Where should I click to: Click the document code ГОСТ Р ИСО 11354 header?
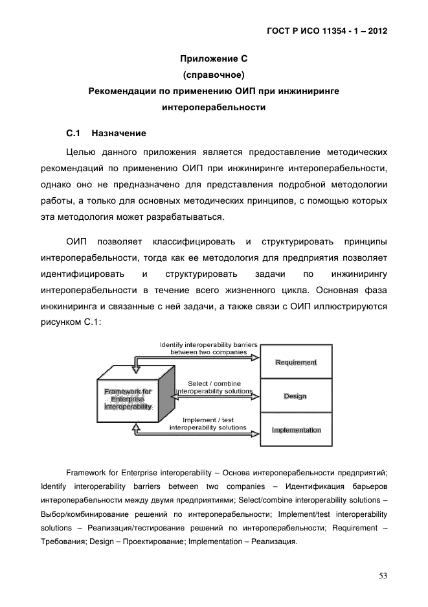click(x=327, y=30)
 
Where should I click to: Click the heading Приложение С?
click(x=214, y=58)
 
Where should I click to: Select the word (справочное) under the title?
click(x=214, y=75)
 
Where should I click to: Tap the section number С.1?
click(x=73, y=134)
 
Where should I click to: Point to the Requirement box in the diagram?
click(x=296, y=362)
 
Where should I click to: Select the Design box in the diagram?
click(x=295, y=396)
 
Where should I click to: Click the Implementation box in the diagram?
click(x=296, y=430)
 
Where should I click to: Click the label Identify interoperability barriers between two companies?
click(x=208, y=348)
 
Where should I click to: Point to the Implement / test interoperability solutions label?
click(x=208, y=423)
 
